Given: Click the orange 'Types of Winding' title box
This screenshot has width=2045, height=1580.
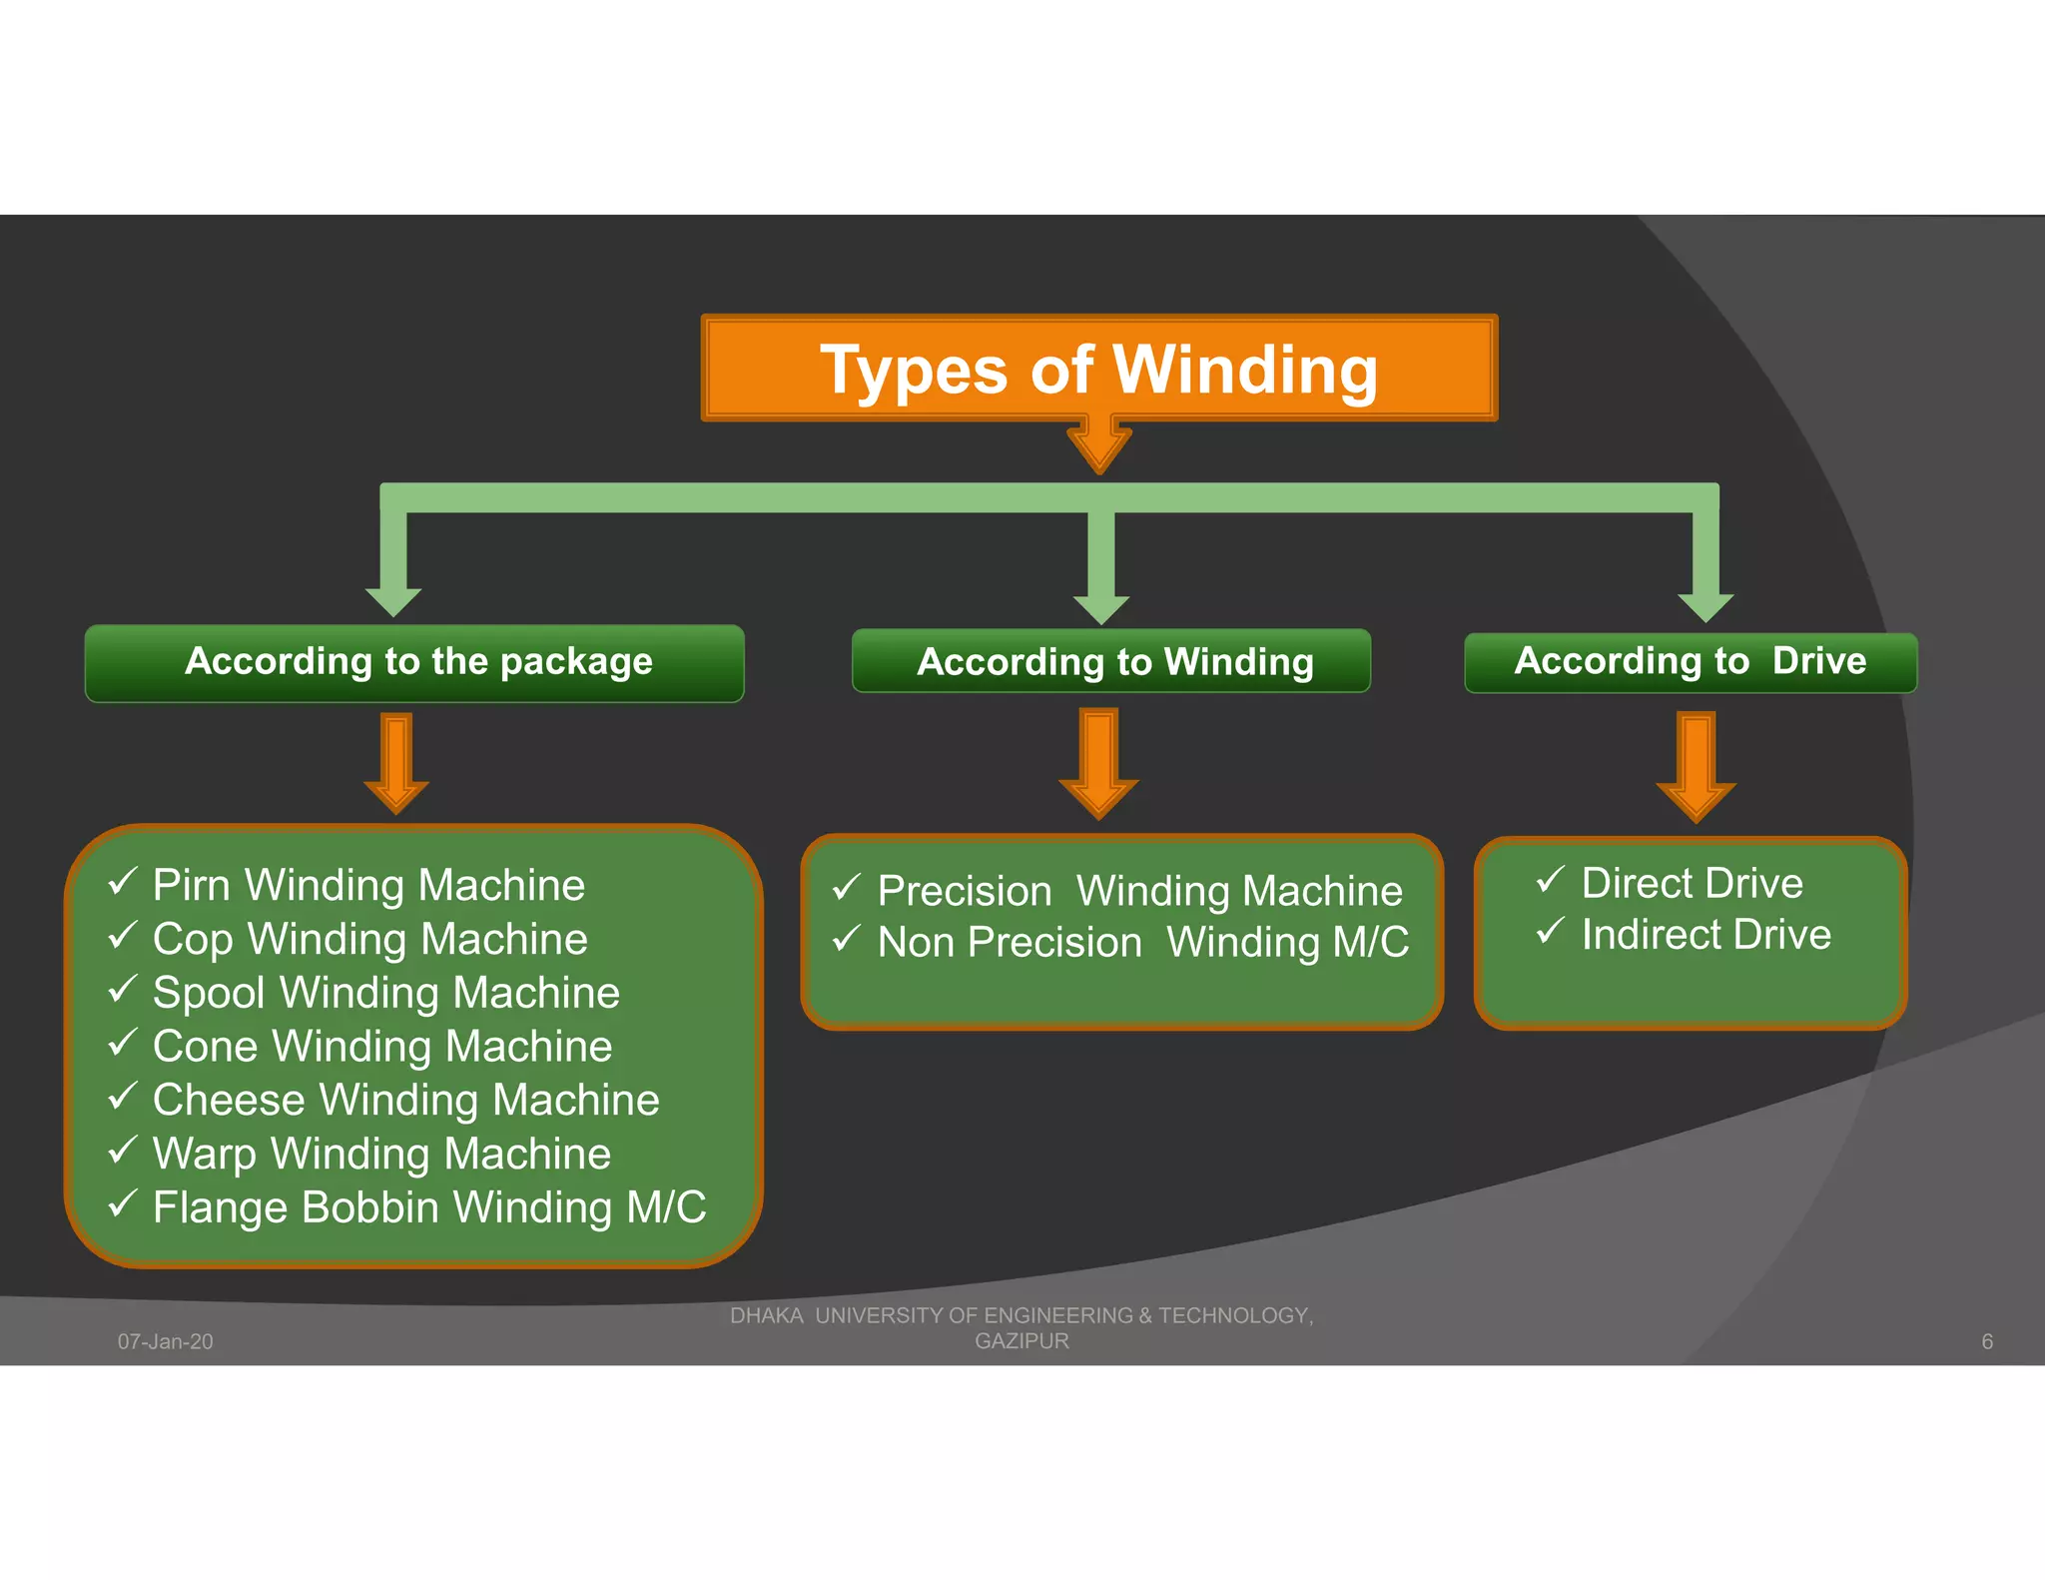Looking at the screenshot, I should pos(1098,369).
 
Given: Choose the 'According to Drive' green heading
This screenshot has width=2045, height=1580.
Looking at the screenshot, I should pos(1690,662).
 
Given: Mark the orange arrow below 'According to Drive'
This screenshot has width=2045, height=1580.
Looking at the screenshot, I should pos(1696,767).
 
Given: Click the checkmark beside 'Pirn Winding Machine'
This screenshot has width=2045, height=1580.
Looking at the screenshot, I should pos(123,882).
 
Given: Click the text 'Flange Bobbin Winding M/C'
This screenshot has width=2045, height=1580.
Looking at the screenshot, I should pos(429,1207).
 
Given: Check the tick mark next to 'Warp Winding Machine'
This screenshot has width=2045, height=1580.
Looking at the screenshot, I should pos(123,1151).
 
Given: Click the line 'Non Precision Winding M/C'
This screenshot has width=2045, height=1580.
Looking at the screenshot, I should pos(1142,943).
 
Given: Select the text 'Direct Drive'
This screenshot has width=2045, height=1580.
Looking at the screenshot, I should pos(1692,884).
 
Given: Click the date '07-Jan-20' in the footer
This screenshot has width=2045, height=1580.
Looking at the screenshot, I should pos(166,1341).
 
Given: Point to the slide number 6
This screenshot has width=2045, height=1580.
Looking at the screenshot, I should pos(1986,1341).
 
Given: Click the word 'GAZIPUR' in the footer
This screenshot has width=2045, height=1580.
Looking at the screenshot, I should pos(1022,1341).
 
